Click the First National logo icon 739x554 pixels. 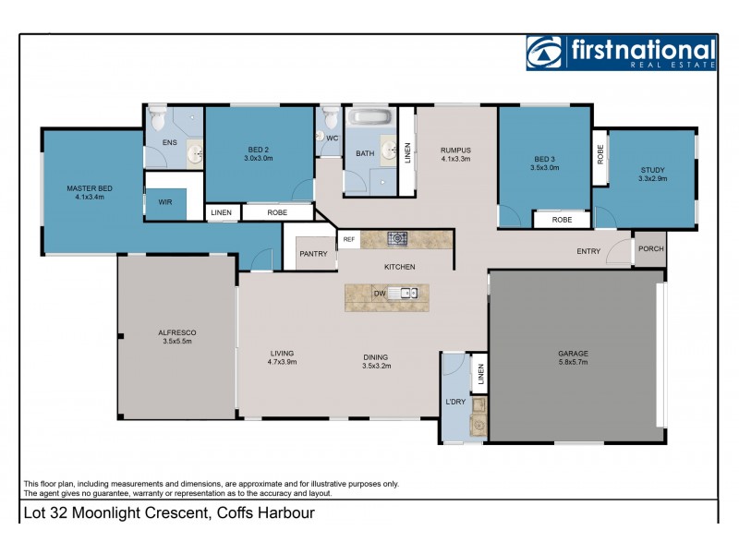(545, 53)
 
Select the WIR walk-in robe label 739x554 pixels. (165, 202)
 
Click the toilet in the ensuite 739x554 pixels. (158, 119)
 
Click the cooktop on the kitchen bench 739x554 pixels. (398, 239)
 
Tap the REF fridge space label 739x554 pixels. (348, 240)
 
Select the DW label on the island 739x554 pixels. (379, 294)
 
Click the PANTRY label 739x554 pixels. (312, 254)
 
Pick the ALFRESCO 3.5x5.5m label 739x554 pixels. (176, 336)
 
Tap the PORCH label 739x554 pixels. (650, 248)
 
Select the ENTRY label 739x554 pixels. (588, 251)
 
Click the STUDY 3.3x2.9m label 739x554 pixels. (652, 174)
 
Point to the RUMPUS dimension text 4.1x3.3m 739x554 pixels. (455, 159)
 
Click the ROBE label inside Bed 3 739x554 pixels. (562, 220)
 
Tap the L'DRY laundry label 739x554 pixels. (454, 403)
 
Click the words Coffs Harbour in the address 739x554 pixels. (264, 512)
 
